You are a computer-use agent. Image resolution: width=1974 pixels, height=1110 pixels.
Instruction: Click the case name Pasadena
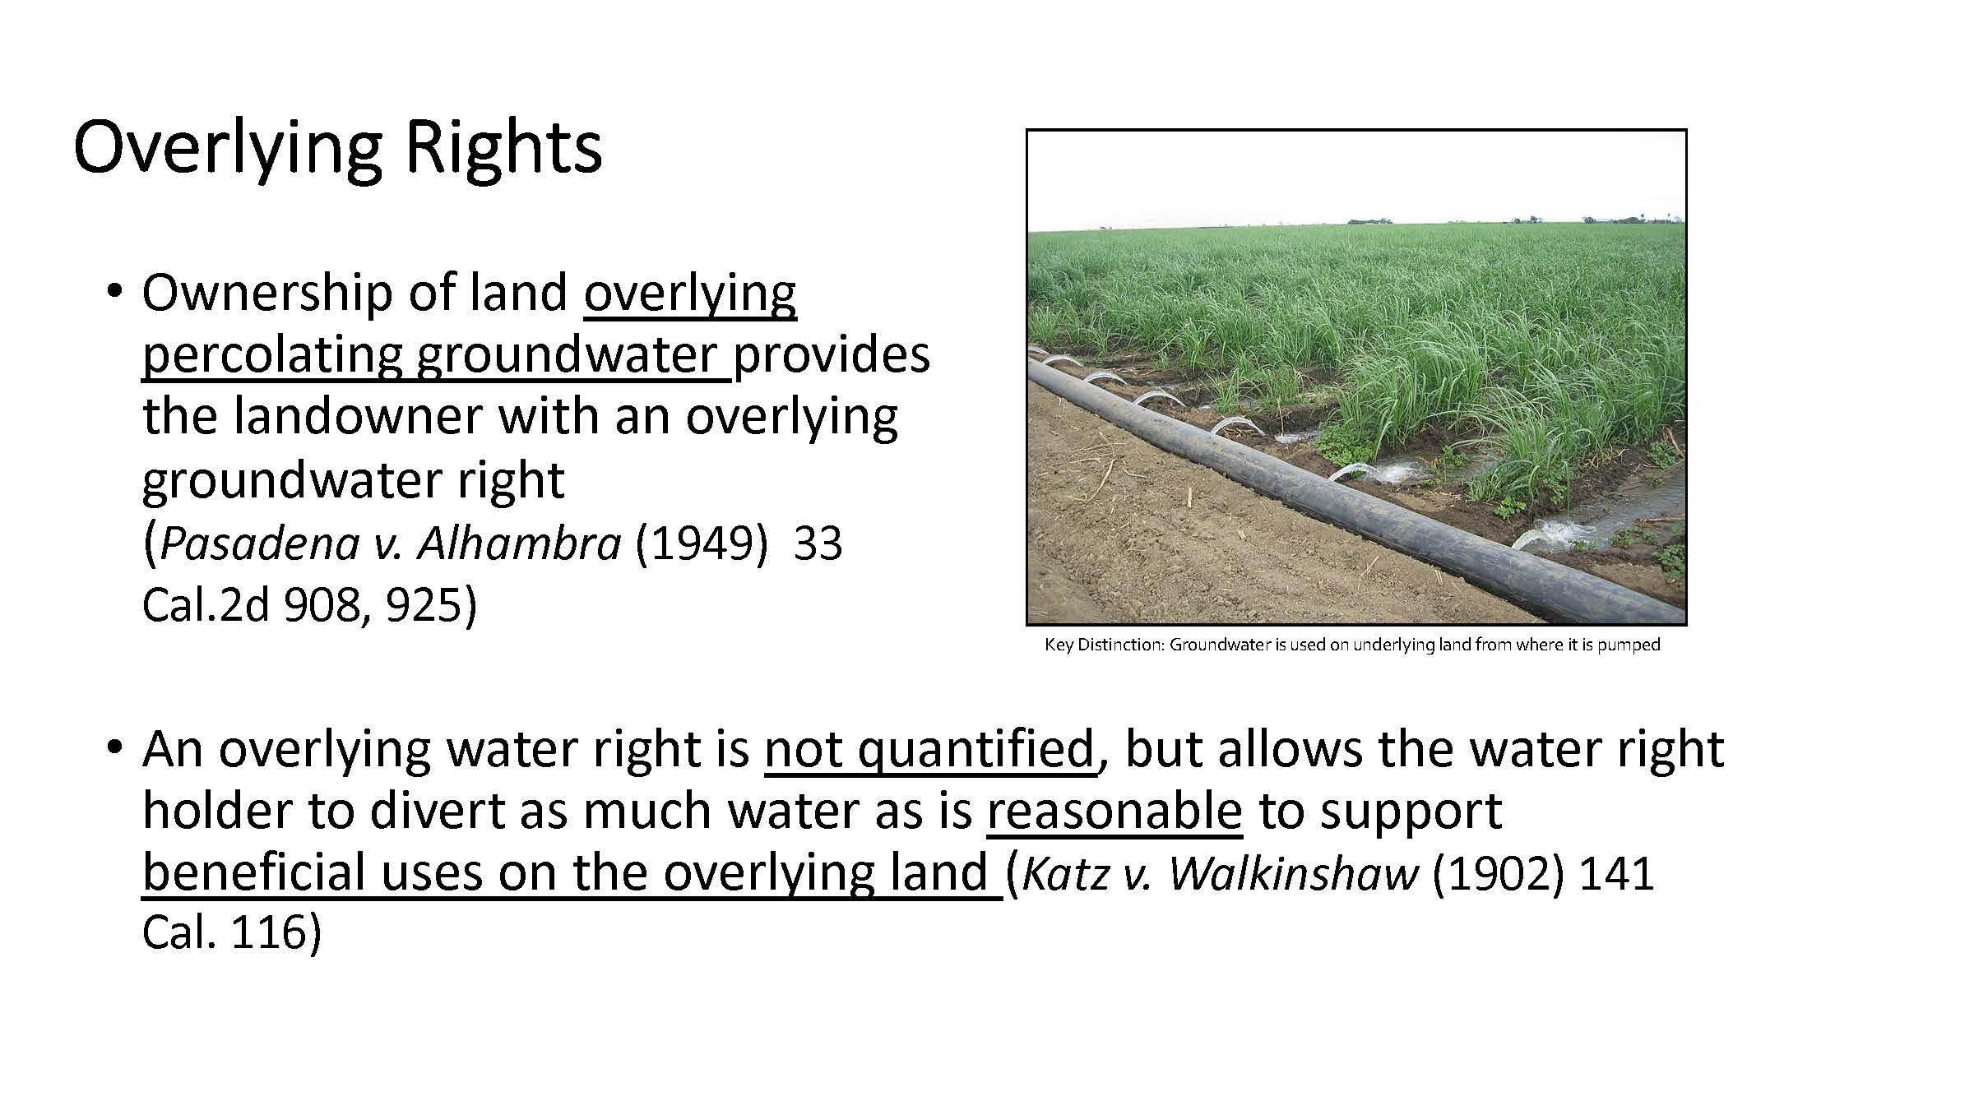click(x=259, y=543)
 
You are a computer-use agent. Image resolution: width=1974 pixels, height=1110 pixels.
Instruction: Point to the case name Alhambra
click(x=519, y=543)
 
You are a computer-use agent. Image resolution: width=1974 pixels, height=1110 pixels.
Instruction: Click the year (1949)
click(x=702, y=543)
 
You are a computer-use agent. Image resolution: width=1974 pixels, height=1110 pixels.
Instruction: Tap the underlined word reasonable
click(x=1114, y=811)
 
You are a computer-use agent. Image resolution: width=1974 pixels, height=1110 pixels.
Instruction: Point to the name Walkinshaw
click(x=1294, y=873)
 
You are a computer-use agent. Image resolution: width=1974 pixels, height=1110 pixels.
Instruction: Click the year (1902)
click(x=1498, y=873)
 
